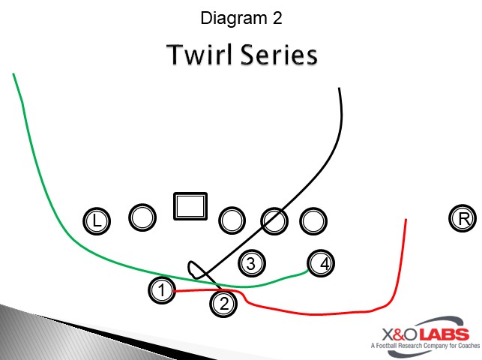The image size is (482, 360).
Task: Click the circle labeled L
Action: coord(97,221)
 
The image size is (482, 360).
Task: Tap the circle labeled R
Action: coord(463,218)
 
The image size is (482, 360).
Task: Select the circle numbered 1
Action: coord(162,290)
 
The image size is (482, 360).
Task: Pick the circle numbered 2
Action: coord(223,304)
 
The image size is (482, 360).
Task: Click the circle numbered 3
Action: coord(252,263)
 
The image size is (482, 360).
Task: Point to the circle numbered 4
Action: coord(321,263)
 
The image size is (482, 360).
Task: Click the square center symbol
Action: coord(190,206)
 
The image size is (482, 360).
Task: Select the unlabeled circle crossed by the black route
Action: coord(274,221)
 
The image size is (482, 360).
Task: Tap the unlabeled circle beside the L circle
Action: coord(142,217)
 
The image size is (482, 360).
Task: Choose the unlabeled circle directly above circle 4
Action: coord(313,221)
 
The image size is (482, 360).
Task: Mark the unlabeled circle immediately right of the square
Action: coord(232,220)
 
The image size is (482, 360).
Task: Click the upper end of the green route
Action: coord(13,73)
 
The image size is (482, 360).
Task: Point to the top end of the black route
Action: coord(339,88)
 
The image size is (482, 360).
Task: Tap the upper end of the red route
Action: coord(406,220)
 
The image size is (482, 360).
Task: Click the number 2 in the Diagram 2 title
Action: coord(277,18)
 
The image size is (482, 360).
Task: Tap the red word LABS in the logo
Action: coord(445,334)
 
